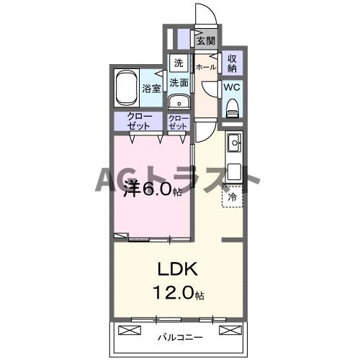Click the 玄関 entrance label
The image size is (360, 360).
click(207, 41)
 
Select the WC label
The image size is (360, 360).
click(232, 87)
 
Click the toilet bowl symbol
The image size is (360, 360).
click(233, 108)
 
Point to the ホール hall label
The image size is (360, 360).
click(207, 67)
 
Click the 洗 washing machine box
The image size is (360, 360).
click(178, 62)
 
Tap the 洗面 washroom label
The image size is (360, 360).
click(179, 83)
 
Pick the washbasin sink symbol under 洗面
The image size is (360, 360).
click(178, 101)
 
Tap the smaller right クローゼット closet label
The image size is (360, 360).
click(178, 121)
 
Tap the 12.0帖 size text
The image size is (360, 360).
click(179, 294)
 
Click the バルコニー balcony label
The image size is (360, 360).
click(179, 336)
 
